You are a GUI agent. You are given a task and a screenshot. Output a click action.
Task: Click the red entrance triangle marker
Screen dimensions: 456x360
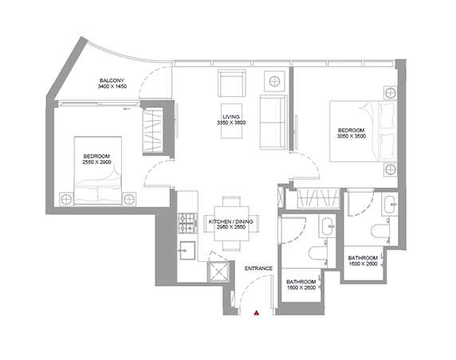256,313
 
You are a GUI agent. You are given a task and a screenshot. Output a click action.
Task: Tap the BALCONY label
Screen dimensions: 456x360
112,80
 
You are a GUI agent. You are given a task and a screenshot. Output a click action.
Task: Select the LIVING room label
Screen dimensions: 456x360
231,117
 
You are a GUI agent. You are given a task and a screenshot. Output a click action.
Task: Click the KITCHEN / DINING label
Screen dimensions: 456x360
231,221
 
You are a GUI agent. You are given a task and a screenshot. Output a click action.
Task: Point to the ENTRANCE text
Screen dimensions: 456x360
258,268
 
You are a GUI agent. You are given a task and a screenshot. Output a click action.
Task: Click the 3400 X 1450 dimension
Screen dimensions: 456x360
112,86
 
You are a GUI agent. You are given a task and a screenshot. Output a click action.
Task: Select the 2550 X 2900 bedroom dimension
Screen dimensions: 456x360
96,162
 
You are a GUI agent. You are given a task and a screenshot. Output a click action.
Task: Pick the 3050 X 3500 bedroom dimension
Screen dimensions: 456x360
352,136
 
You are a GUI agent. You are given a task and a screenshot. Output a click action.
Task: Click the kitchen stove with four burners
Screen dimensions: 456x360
187,224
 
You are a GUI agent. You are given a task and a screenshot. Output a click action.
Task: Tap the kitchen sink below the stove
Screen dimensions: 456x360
187,250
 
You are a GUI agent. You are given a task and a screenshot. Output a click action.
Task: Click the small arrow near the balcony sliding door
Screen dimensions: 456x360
127,109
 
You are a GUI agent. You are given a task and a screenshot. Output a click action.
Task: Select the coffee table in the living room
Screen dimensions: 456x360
231,121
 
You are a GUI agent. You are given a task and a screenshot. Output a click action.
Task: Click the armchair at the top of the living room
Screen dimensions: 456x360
231,83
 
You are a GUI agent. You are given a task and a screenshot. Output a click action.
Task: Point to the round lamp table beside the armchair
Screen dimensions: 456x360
274,81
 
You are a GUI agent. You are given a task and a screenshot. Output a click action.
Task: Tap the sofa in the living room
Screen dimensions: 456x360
273,123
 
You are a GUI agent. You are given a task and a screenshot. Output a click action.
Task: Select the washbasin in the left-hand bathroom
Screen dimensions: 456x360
328,225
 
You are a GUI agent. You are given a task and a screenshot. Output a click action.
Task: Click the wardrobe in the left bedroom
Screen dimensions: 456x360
152,130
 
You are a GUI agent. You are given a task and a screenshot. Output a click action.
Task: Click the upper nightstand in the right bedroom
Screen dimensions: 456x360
391,93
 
